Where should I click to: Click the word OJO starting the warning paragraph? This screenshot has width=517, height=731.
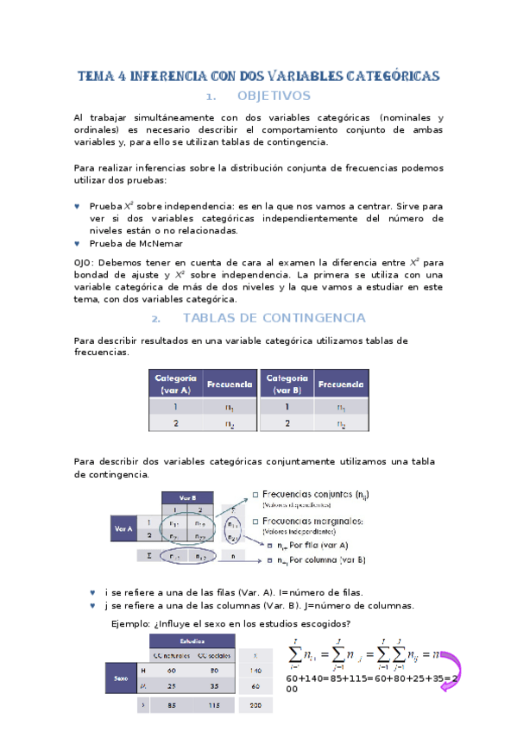point(85,261)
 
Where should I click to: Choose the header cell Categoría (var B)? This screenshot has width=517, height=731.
point(286,384)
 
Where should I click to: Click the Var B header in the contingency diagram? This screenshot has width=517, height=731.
point(187,498)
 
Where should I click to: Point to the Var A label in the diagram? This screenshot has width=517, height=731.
point(123,529)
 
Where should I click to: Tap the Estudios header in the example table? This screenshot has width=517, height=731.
point(192,641)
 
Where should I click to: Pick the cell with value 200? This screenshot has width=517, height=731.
point(254,705)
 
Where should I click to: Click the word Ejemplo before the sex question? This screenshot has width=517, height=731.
point(131,624)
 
